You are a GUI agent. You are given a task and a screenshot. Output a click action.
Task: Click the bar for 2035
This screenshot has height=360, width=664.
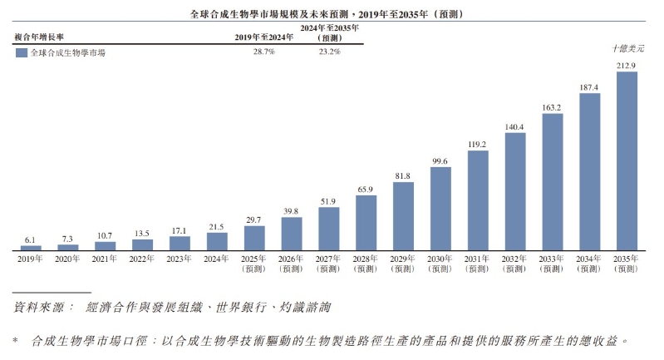pyautogui.click(x=626, y=160)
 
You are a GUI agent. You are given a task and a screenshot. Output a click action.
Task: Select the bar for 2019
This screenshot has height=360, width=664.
pyautogui.click(x=31, y=248)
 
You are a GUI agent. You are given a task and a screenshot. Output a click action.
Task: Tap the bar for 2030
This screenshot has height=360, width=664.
pyautogui.click(x=440, y=208)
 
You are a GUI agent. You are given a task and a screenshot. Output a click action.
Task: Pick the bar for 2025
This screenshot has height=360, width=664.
pyautogui.click(x=254, y=238)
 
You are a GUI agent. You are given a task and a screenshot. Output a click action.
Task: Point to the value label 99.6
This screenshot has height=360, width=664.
pyautogui.click(x=440, y=161)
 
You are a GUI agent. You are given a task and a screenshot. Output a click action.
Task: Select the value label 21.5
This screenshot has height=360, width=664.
pyautogui.click(x=217, y=226)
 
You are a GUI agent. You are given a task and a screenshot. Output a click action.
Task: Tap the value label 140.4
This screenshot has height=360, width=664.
pyautogui.click(x=514, y=127)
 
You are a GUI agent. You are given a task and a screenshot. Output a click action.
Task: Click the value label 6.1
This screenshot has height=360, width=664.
pyautogui.click(x=31, y=239)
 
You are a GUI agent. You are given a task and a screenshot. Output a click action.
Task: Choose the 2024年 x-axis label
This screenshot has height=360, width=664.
pyautogui.click(x=217, y=259)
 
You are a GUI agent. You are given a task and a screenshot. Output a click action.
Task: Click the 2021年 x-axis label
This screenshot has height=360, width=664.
pyautogui.click(x=106, y=259)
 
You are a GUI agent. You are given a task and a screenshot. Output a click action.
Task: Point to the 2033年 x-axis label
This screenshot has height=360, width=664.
pyautogui.click(x=552, y=259)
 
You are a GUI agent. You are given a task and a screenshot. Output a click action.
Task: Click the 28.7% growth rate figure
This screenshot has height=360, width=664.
pyautogui.click(x=263, y=52)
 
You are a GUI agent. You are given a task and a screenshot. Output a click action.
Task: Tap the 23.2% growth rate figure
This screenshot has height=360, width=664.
pyautogui.click(x=330, y=52)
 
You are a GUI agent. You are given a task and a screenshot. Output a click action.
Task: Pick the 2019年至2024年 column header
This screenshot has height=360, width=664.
pyautogui.click(x=264, y=37)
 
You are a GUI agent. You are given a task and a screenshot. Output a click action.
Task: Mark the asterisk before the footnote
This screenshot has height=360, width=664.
pyautogui.click(x=16, y=341)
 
